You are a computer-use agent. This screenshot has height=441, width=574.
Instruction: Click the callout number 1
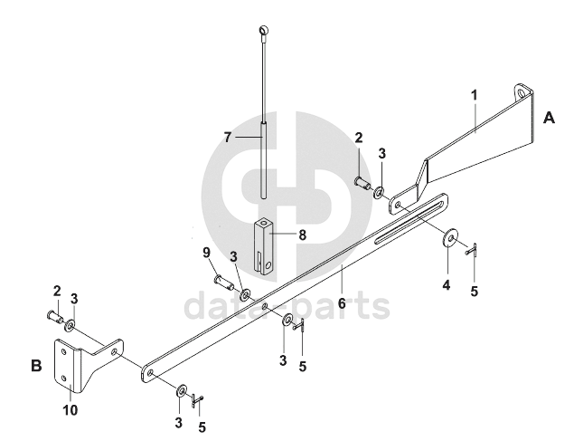pos(475,94)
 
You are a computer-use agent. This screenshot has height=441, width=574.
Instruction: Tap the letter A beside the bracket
pos(549,118)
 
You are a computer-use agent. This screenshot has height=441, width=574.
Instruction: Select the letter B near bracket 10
pos(37,367)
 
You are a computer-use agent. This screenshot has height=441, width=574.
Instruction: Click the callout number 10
pos(71,410)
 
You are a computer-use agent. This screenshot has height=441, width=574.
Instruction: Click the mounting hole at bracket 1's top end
pos(522,92)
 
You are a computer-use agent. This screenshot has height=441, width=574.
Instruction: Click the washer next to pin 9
pos(245,293)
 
